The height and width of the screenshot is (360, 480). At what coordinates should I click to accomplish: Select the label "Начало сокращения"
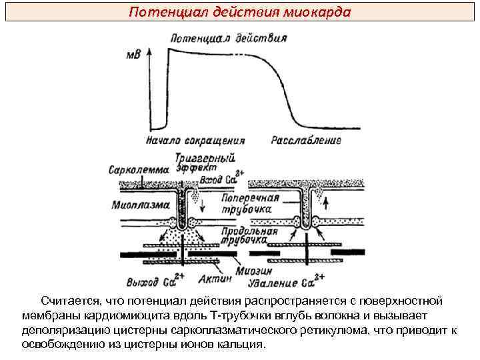coord(195,141)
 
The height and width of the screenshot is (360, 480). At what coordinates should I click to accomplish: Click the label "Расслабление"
coord(306,141)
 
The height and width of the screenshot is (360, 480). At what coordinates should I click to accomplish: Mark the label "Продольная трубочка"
coord(249,235)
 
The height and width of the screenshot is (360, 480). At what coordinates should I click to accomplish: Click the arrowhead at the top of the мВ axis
coord(148,50)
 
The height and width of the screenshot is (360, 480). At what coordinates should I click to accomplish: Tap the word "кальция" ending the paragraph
coord(245,344)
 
